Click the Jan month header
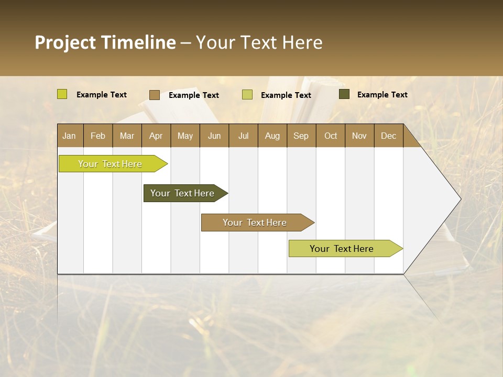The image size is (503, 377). pos(69,136)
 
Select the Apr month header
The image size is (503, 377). pos(156,136)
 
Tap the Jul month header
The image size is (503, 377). pos(243,136)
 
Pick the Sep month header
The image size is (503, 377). pos(301,136)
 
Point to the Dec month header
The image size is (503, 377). pos(388,136)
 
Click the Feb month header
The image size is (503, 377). pos(98,136)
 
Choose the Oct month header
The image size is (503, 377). pos(331,136)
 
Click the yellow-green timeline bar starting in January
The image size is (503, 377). pos(110,164)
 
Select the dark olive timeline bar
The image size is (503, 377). pos(182,193)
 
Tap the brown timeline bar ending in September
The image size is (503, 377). pos(255,223)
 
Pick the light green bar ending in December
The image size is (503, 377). pos(342,249)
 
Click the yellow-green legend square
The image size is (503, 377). pos(62,94)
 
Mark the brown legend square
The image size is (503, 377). pos(155,95)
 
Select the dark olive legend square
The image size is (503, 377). pos(344,94)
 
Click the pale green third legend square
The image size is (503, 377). pos(247,95)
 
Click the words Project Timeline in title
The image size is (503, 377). pos(105,42)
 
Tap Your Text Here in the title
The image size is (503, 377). pos(259,42)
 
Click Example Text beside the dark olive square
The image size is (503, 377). pos(382,94)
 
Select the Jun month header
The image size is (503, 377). pos(214,136)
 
